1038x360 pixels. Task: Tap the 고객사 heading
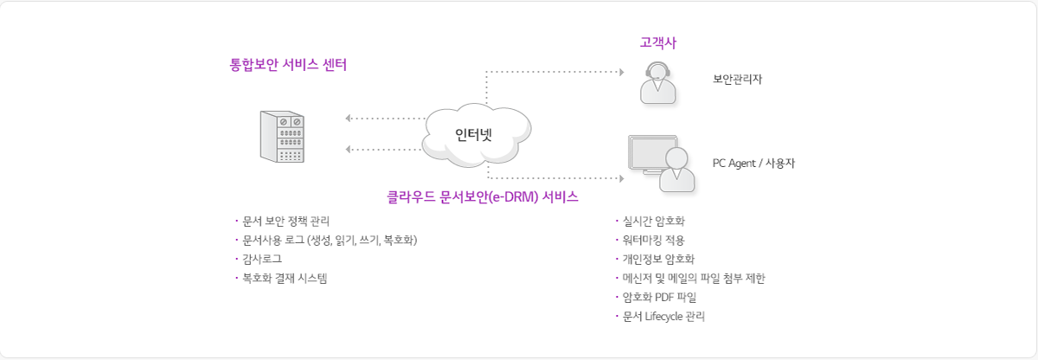657,42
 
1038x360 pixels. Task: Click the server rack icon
283,136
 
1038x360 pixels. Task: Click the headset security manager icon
658,84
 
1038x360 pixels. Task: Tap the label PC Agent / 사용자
753,162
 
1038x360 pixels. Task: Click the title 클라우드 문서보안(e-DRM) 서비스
482,197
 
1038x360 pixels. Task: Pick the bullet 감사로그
262,259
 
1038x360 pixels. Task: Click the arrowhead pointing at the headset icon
620,71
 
